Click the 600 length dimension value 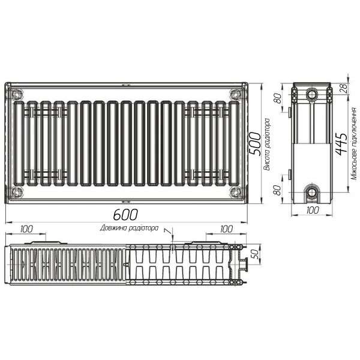coord(125,214)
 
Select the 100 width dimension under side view coord(312,210)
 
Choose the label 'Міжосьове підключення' coord(355,144)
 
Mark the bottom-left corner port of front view coord(17,193)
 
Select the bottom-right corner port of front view coord(233,193)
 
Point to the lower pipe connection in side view coord(312,193)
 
